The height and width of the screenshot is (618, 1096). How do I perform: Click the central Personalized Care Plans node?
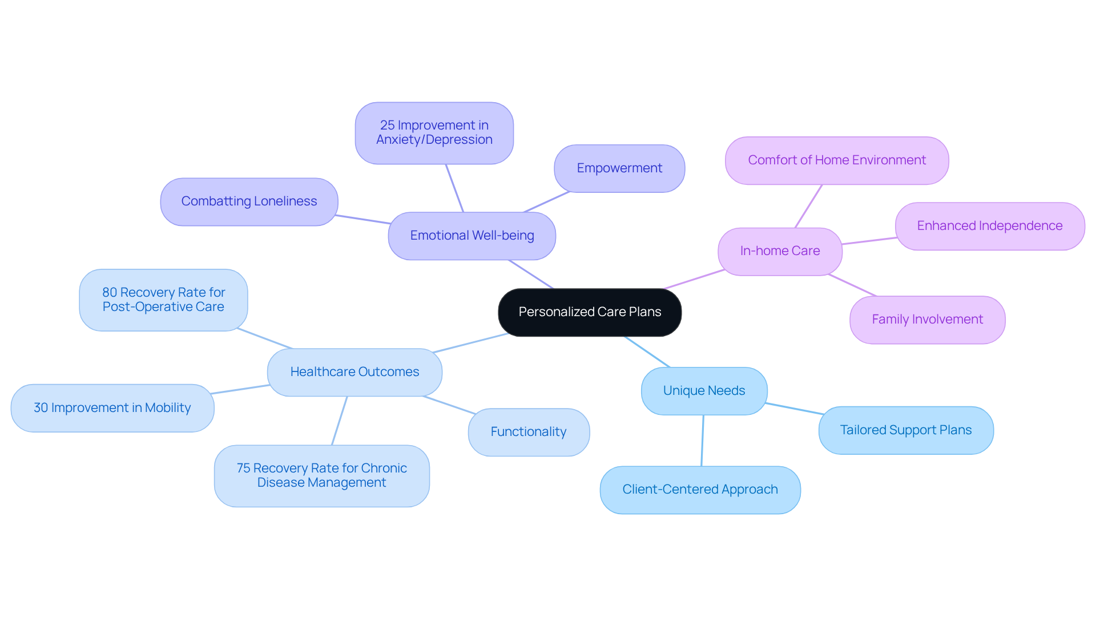(590, 312)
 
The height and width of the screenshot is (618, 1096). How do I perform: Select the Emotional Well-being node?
(472, 236)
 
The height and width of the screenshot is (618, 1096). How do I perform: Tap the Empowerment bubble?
(619, 168)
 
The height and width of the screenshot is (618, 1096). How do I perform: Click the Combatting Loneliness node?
(249, 201)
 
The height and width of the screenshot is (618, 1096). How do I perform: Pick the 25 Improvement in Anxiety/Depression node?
(434, 133)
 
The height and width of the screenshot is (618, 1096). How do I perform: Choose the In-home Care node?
(780, 251)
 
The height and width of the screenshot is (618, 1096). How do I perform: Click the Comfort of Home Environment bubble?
(837, 160)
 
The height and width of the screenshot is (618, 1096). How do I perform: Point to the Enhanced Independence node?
(989, 226)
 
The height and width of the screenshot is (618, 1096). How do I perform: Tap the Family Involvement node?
(927, 320)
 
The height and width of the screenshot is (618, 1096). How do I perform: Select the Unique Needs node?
(704, 391)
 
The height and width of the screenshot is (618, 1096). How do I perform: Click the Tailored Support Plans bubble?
(905, 430)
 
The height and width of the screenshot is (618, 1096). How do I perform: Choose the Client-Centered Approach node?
(700, 490)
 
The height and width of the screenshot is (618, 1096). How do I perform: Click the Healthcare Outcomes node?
(354, 372)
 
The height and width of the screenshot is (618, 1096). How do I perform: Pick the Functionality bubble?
(529, 432)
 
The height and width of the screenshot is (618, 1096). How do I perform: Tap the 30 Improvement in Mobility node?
(112, 408)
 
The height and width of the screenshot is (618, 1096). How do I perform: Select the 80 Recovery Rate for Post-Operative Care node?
(163, 300)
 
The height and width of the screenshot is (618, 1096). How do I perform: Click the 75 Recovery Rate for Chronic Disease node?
(321, 475)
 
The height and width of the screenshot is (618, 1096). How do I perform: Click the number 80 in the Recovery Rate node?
(110, 293)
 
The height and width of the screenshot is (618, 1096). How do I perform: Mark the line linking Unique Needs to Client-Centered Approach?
(703, 441)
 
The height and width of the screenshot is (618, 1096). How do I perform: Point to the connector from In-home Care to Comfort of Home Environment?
(809, 206)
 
